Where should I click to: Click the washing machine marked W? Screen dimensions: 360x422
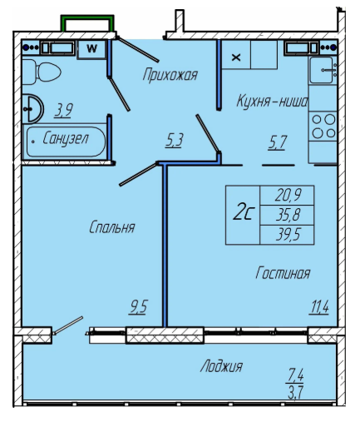point(91,49)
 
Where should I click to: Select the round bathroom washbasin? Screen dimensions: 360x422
point(32,109)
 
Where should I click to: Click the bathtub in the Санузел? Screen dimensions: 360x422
point(66,141)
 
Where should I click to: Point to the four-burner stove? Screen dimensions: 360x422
point(323,127)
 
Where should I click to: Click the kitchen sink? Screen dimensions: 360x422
point(323,70)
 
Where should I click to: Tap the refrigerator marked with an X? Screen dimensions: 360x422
point(236,55)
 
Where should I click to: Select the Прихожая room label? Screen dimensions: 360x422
point(170,75)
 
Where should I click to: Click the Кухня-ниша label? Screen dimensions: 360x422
point(272,101)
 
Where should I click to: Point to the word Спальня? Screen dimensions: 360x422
point(112,227)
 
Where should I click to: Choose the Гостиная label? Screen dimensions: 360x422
point(283,273)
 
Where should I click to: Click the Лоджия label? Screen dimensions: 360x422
point(221,366)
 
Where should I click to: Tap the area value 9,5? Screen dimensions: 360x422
point(138,307)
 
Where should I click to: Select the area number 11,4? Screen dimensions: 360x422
point(319,307)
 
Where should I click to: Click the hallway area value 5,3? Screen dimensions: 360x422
point(174,140)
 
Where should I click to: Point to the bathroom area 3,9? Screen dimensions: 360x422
point(63,110)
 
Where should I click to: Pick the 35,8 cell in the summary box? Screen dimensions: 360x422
point(287,215)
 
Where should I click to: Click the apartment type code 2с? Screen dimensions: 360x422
point(243,213)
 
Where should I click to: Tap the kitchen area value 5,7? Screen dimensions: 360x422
point(277,142)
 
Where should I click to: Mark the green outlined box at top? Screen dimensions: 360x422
point(87,22)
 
